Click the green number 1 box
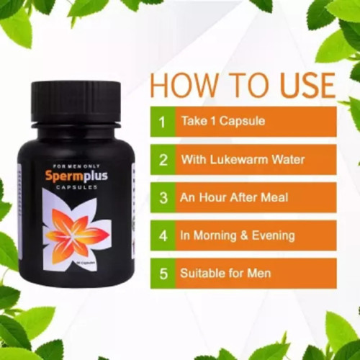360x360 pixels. click(x=162, y=122)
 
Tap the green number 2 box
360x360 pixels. click(x=162, y=159)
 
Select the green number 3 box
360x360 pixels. click(x=162, y=197)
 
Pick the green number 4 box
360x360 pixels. click(x=162, y=235)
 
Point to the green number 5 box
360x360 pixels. click(x=162, y=274)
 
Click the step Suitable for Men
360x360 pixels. click(x=225, y=274)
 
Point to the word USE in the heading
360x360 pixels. click(x=302, y=85)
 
